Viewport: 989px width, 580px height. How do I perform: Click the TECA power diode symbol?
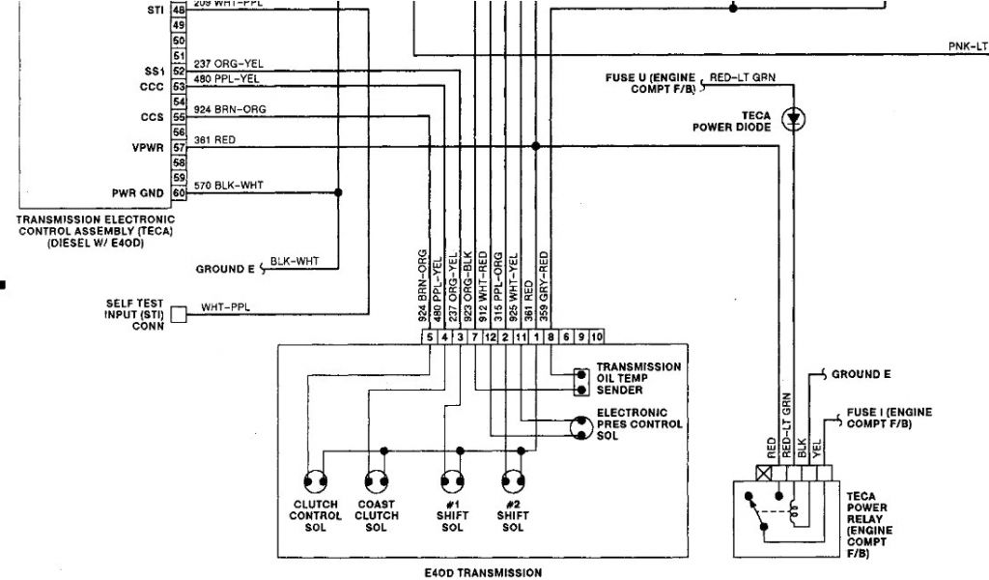[794, 119]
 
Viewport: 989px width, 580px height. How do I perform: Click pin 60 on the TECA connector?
[179, 192]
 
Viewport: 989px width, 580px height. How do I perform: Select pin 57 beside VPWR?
[179, 148]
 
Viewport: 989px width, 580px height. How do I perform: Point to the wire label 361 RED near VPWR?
[214, 140]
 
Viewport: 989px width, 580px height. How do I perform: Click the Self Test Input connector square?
[179, 314]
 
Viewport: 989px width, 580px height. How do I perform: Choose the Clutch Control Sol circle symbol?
[316, 480]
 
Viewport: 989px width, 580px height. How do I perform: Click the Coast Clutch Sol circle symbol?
[377, 480]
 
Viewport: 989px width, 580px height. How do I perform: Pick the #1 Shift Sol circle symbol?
[451, 480]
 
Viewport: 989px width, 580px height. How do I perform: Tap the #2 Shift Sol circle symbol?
[512, 480]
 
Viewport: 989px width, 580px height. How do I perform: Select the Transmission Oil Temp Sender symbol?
[580, 382]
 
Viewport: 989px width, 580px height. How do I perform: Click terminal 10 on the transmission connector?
[596, 336]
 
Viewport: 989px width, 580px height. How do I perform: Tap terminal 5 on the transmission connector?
[430, 336]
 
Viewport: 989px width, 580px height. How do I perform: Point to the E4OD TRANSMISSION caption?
[482, 572]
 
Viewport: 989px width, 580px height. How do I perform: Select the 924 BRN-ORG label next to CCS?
[230, 109]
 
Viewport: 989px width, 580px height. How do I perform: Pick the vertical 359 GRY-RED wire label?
[545, 285]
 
